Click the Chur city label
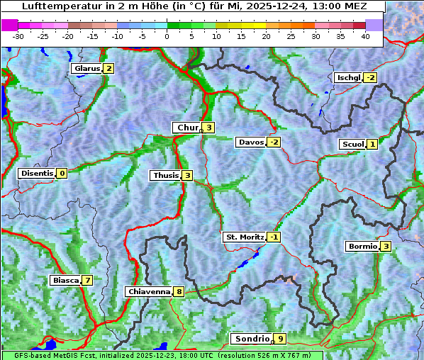pyautogui.click(x=186, y=128)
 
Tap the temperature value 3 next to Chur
pyautogui.click(x=209, y=128)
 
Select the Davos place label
pyautogui.click(x=250, y=142)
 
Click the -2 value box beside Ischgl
pyautogui.click(x=370, y=77)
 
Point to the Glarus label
pyautogui.click(x=86, y=69)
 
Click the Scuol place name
pyautogui.click(x=352, y=144)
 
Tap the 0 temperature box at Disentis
pyautogui.click(x=62, y=173)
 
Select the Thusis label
pyautogui.click(x=165, y=175)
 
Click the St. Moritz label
pyautogui.click(x=243, y=237)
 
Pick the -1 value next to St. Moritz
pyautogui.click(x=274, y=237)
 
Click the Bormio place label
pyautogui.click(x=361, y=247)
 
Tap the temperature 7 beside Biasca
pyautogui.click(x=87, y=280)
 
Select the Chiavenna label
pyautogui.click(x=148, y=291)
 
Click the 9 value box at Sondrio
pyautogui.click(x=281, y=339)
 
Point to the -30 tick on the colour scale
pyautogui.click(x=18, y=35)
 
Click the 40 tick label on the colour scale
pyautogui.click(x=365, y=35)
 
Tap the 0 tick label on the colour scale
pyautogui.click(x=167, y=35)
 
